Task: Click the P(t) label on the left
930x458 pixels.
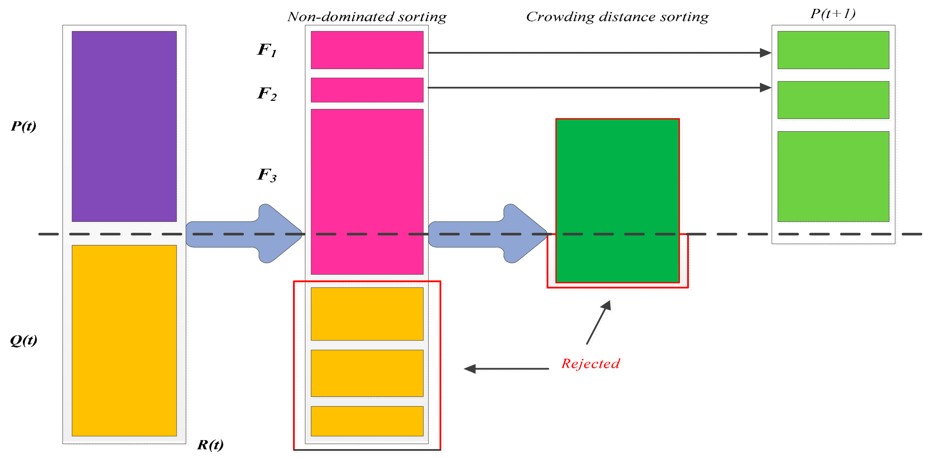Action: click(x=24, y=126)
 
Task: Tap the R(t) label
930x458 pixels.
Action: click(x=210, y=444)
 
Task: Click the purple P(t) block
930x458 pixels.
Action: click(x=124, y=126)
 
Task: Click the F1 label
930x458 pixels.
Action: click(x=266, y=50)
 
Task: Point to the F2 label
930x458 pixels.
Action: click(x=266, y=94)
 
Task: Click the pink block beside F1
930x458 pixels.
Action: click(x=367, y=50)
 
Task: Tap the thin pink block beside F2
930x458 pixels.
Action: click(x=367, y=90)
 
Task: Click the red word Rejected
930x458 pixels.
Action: click(x=591, y=363)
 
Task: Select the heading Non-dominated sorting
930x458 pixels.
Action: click(x=367, y=17)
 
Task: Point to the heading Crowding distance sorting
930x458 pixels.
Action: click(x=617, y=17)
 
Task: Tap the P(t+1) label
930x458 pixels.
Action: click(x=833, y=14)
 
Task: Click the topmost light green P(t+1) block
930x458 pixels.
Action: click(x=833, y=50)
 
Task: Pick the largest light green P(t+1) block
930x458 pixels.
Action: click(x=833, y=176)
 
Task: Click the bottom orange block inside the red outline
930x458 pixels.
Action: click(x=367, y=421)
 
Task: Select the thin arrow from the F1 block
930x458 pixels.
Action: click(x=596, y=53)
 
